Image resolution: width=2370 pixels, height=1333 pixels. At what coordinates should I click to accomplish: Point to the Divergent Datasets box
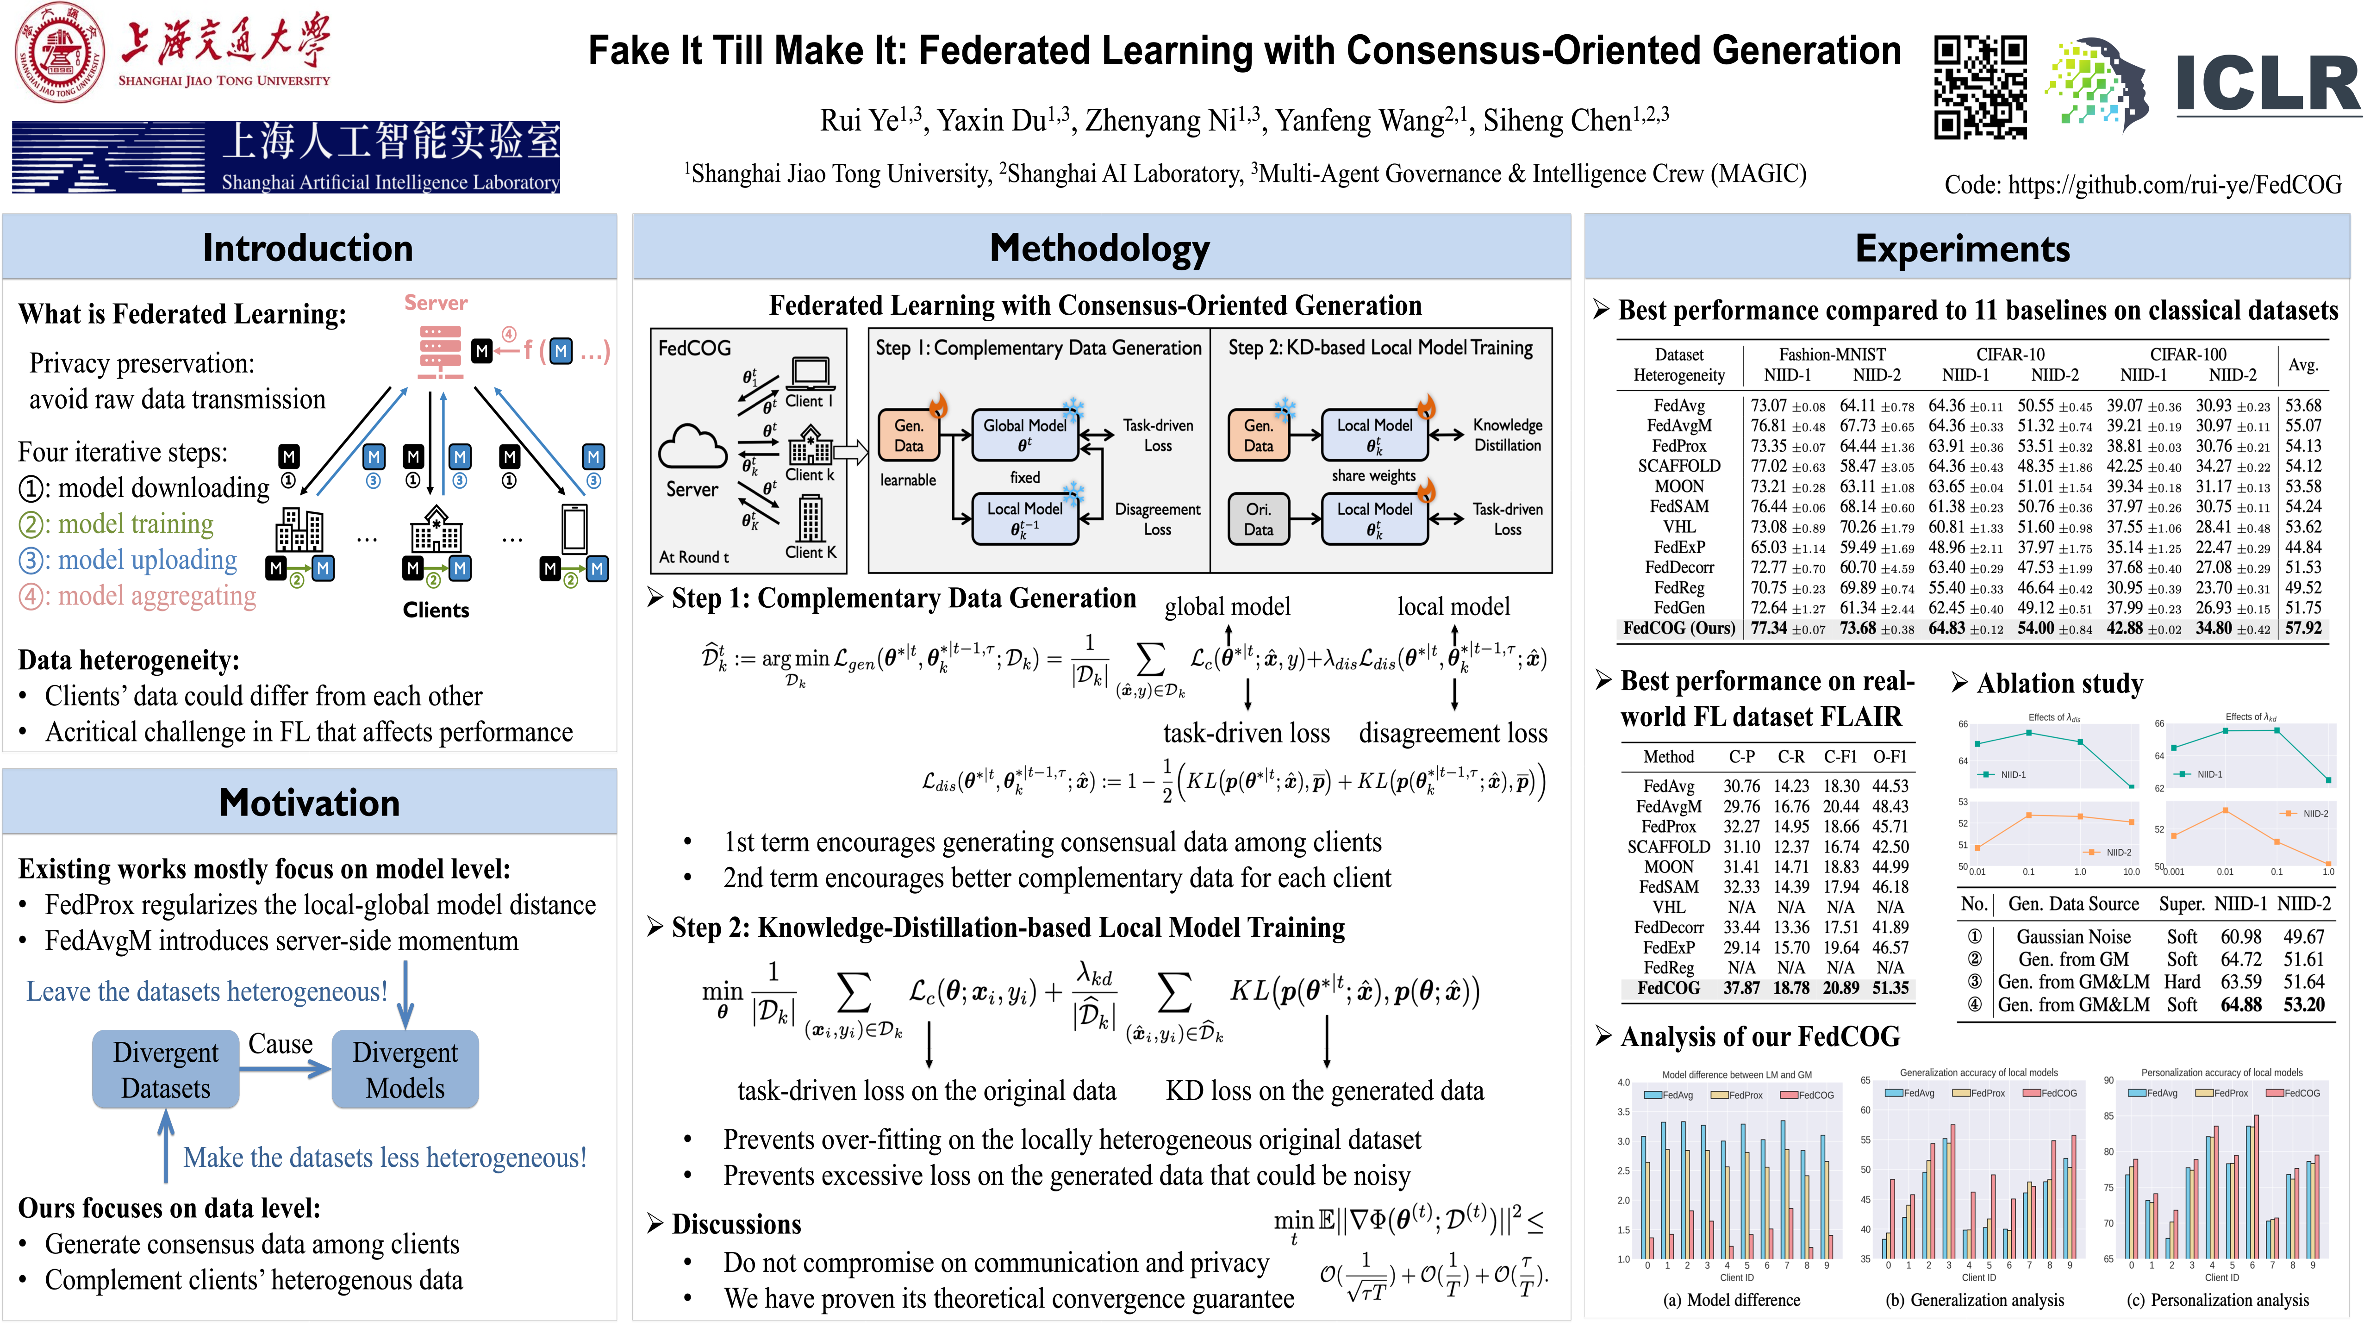click(x=166, y=1069)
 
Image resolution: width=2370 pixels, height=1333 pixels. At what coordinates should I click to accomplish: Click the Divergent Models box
click(x=405, y=1069)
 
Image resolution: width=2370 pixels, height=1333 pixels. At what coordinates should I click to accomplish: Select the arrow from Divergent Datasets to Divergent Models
click(x=285, y=1068)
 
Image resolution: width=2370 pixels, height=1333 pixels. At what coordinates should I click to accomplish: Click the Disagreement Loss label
click(x=1157, y=519)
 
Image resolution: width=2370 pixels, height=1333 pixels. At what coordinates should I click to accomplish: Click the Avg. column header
click(x=2303, y=364)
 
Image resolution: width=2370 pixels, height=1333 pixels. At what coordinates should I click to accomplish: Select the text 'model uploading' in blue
click(x=147, y=559)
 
